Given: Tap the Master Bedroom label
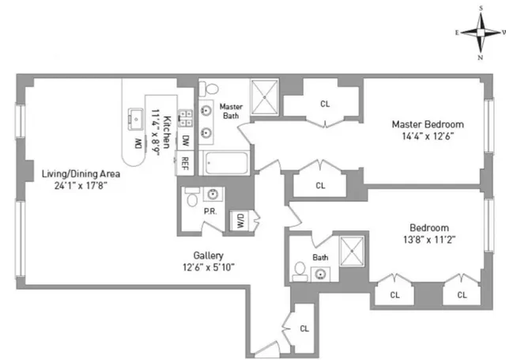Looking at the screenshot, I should pyautogui.click(x=428, y=124).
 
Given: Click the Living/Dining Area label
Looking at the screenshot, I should pyautogui.click(x=75, y=173).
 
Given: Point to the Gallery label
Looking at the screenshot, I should pyautogui.click(x=209, y=256).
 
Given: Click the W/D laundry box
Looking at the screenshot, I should pyautogui.click(x=237, y=222).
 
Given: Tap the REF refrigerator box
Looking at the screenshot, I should pyautogui.click(x=185, y=163).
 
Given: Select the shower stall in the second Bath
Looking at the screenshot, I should pyautogui.click(x=349, y=251).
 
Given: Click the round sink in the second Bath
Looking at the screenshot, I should pyautogui.click(x=321, y=275).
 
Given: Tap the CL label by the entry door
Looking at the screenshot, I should pyautogui.click(x=304, y=328).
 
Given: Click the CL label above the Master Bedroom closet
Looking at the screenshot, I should pyautogui.click(x=325, y=103).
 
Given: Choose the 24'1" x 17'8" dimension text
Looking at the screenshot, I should pyautogui.click(x=75, y=186).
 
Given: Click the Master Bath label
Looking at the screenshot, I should pyautogui.click(x=231, y=112).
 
